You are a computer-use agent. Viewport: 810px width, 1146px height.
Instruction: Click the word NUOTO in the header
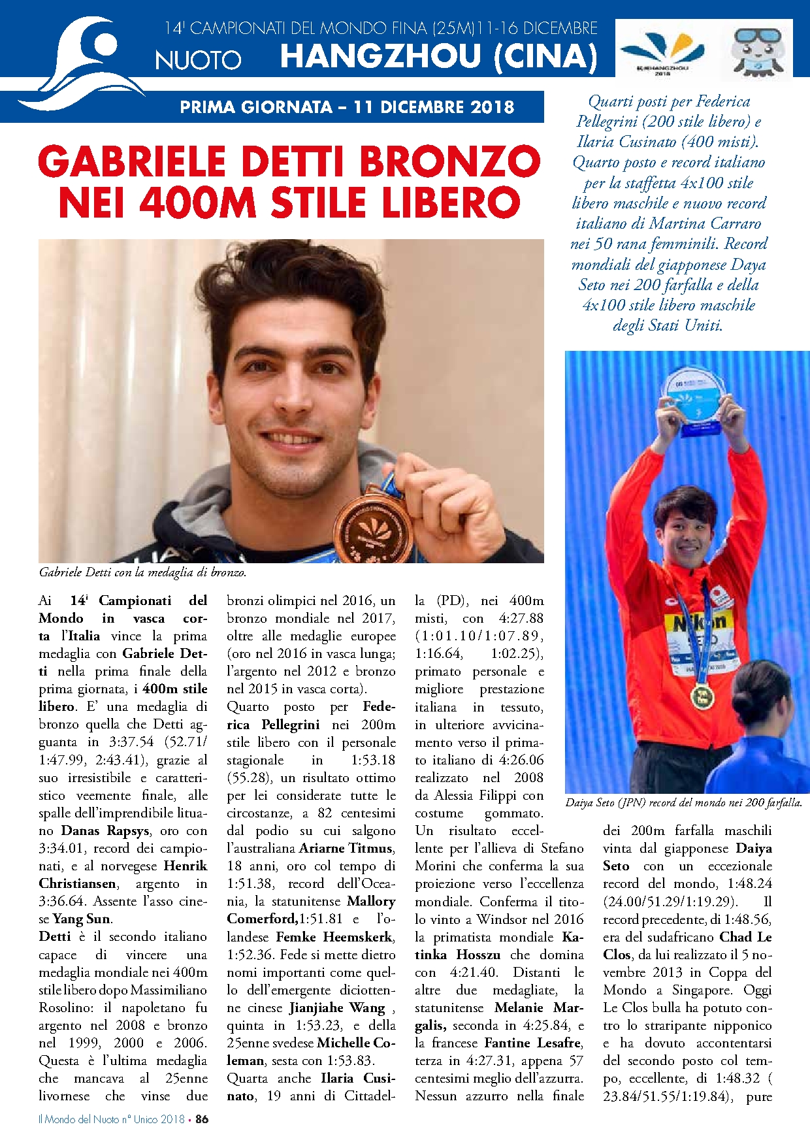198,60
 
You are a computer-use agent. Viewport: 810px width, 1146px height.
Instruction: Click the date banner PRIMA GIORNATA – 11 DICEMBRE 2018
347,107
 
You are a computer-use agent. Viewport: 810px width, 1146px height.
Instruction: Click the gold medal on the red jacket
702,697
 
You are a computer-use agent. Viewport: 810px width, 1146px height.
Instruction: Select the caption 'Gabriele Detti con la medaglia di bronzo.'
142,572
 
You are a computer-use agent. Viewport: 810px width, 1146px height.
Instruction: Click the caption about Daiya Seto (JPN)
683,802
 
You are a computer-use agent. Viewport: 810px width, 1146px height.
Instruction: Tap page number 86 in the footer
202,1119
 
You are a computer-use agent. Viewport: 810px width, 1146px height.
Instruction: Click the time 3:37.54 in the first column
131,742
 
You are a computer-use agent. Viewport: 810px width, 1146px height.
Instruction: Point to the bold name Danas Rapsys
106,831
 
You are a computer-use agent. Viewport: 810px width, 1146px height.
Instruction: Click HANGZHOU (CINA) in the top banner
438,56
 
